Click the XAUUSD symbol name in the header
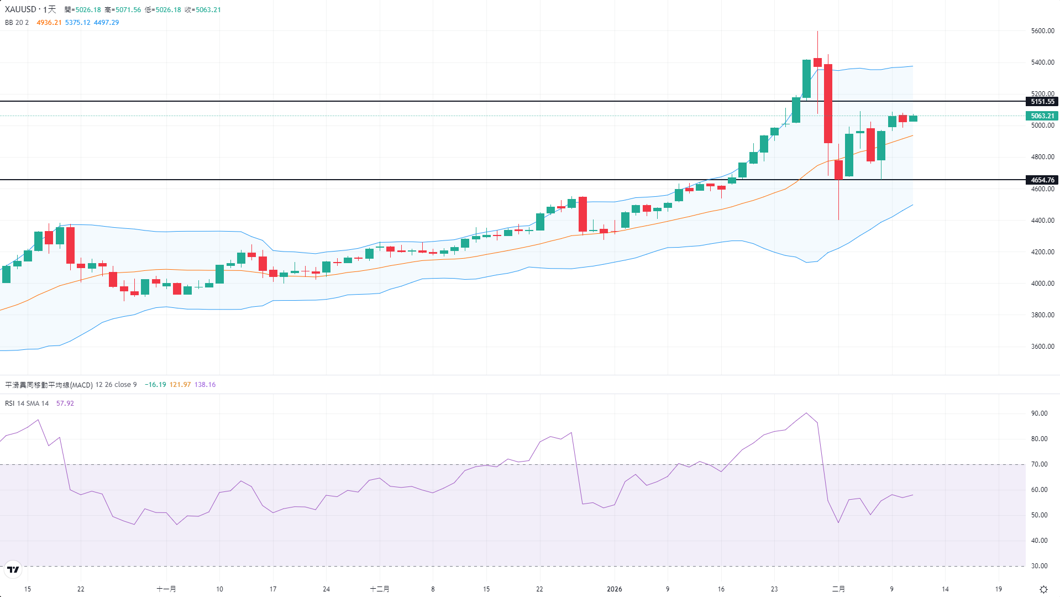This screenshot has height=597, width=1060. pos(20,9)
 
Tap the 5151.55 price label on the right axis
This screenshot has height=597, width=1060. pos(1042,102)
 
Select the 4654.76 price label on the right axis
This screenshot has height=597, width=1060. pos(1042,180)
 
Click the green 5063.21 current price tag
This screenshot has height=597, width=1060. pos(1042,116)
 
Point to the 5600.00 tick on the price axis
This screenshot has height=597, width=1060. pos(1042,31)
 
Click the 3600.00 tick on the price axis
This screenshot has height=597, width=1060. pos(1042,347)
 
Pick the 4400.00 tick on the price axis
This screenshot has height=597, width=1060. pos(1042,221)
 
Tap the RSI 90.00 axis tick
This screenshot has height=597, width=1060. pos(1039,413)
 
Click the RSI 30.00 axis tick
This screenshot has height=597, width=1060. pos(1039,566)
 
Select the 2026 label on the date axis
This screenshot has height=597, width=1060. pos(614,589)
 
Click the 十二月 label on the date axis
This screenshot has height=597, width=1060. pos(380,589)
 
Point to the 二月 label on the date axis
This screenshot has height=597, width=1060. pos(838,589)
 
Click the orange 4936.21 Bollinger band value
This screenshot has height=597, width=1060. pos(49,23)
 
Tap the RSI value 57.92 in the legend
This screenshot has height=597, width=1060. pos(65,404)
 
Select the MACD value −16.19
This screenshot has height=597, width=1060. pos(155,385)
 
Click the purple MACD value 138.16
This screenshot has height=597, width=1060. pos(205,385)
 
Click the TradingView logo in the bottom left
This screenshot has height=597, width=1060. pos(13,569)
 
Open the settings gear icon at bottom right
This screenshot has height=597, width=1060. pos(1043,589)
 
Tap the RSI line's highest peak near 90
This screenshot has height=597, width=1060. pos(806,413)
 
